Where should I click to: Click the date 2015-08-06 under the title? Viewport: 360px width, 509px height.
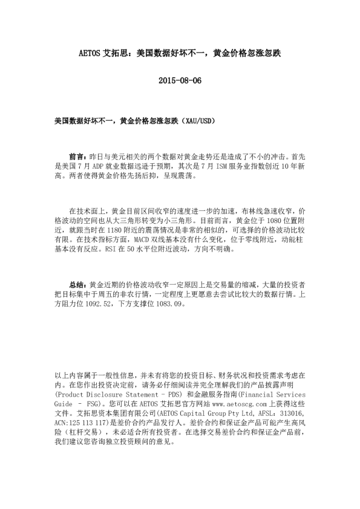(180, 80)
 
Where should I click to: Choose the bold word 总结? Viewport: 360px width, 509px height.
(78, 283)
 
